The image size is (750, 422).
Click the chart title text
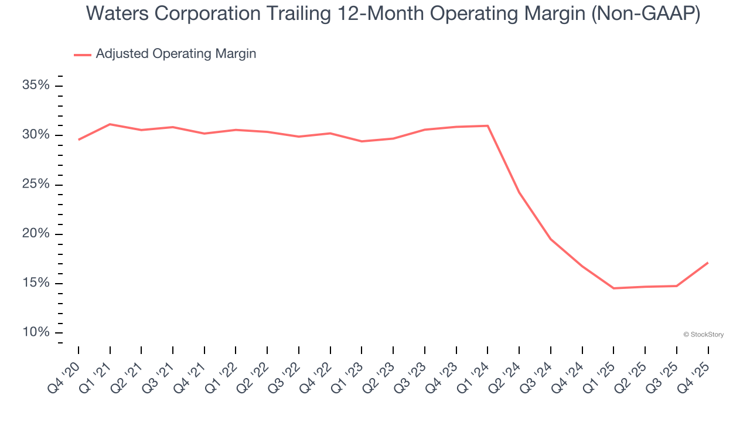[393, 13]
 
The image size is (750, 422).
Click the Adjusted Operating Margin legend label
[176, 54]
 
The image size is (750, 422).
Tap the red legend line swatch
[83, 55]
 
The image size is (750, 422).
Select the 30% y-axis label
[36, 135]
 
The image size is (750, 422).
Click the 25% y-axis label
[36, 185]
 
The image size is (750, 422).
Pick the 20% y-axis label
[36, 234]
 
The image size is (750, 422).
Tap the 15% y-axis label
[36, 283]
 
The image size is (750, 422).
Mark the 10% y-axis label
[36, 332]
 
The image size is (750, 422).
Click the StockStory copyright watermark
[703, 335]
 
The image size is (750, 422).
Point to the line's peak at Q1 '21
[110, 124]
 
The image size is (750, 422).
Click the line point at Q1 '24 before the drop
[487, 125]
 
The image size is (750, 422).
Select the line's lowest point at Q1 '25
[613, 288]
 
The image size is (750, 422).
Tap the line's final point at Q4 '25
[708, 263]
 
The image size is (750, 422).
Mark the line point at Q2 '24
[519, 192]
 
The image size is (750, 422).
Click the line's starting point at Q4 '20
[79, 139]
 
